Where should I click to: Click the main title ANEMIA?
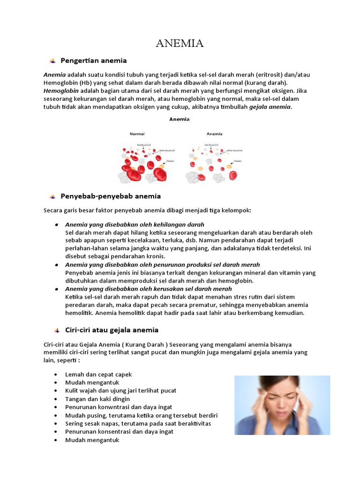(180, 44)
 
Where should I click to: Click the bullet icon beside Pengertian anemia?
(52, 61)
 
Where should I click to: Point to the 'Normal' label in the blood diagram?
(137, 134)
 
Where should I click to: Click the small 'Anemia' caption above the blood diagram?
(180, 119)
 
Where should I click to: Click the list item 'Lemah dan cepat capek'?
(98, 375)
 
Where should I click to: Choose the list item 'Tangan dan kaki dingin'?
(97, 399)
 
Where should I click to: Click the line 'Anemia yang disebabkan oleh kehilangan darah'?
(135, 225)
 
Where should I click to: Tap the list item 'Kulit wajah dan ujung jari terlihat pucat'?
(121, 390)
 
